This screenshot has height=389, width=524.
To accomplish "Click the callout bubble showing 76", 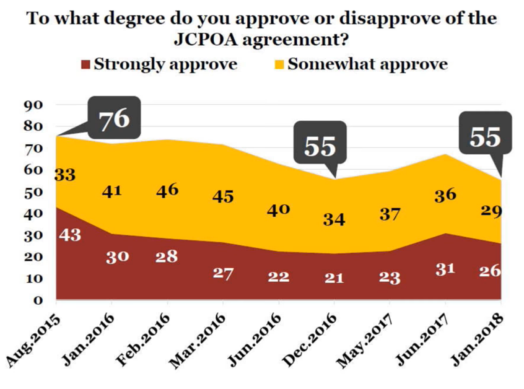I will pos(114,119).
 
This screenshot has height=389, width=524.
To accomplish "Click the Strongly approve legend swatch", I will pos(85,65).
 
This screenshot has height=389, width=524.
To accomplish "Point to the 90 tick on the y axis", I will pos(33,104).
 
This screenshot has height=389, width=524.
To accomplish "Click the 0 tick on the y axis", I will pos(39,300).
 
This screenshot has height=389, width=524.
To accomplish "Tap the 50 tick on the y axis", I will pos(33,191).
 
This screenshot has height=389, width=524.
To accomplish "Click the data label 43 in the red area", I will pos(70,234).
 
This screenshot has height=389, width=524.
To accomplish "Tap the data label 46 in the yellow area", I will pos(166,190).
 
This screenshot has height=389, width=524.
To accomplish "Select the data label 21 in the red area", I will pos(334,276).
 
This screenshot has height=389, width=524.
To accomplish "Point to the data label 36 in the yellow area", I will pos(445,196).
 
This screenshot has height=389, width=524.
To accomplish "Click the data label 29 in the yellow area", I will pos(490,211).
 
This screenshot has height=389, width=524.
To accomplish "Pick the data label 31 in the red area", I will pos(445,270).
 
